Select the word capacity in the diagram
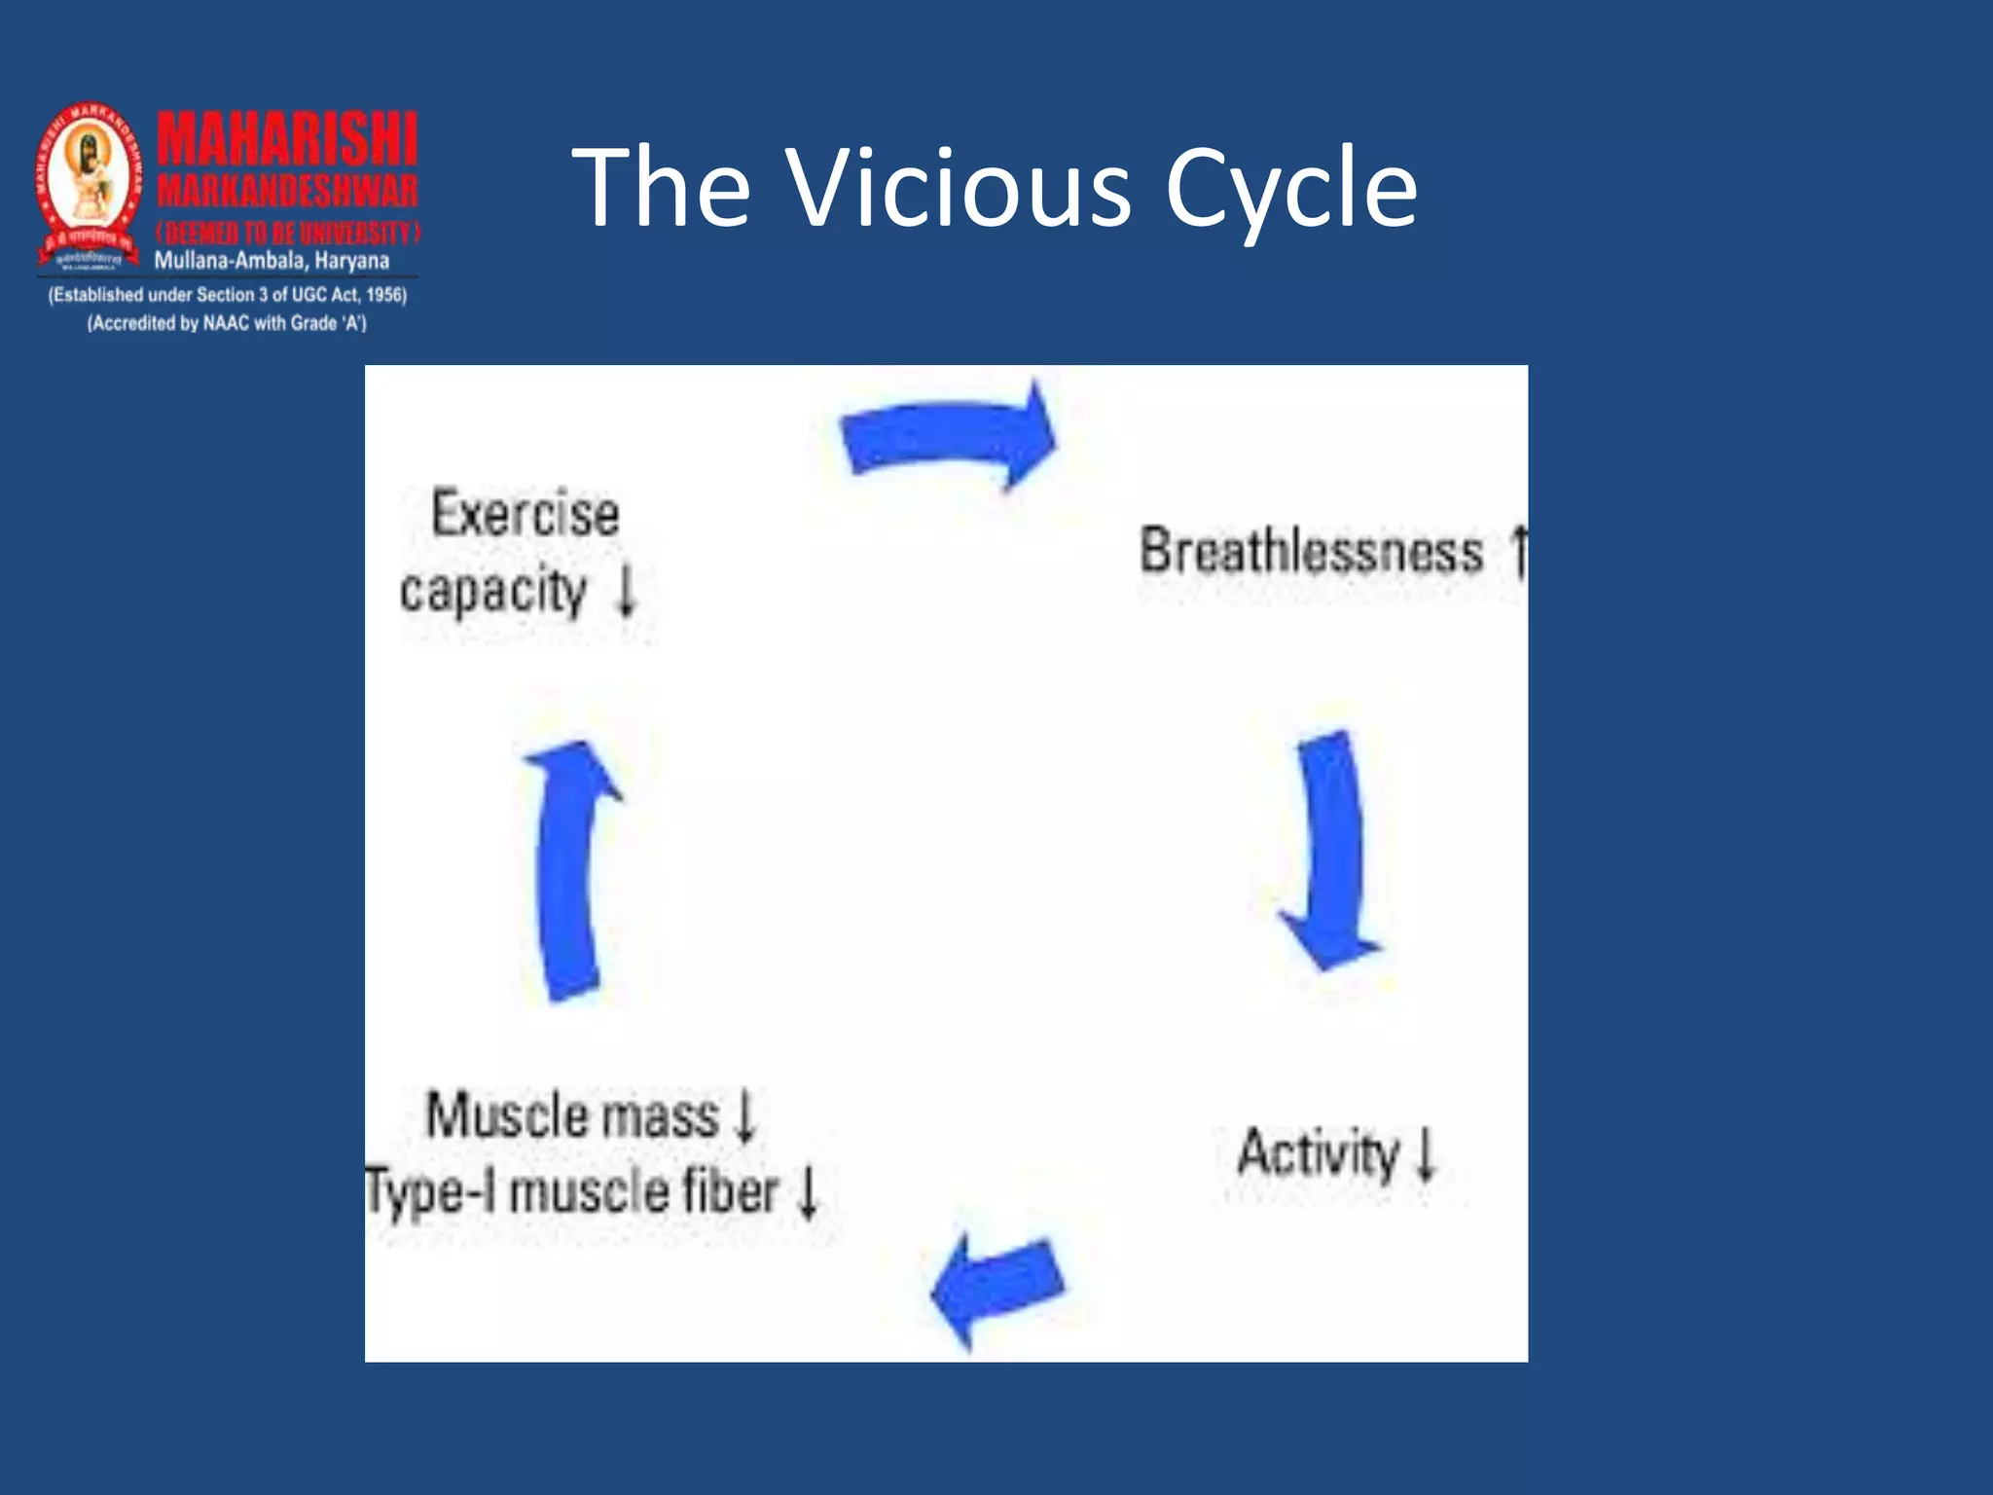coord(493,591)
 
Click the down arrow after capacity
coord(628,591)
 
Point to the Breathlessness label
coord(1311,551)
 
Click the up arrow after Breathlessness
coord(1519,551)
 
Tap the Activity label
coord(1318,1153)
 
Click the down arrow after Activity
coord(1426,1153)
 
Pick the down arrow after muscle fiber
coord(808,1192)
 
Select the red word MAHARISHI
coord(287,139)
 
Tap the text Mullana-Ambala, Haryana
coord(272,261)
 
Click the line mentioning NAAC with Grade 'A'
coord(227,323)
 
